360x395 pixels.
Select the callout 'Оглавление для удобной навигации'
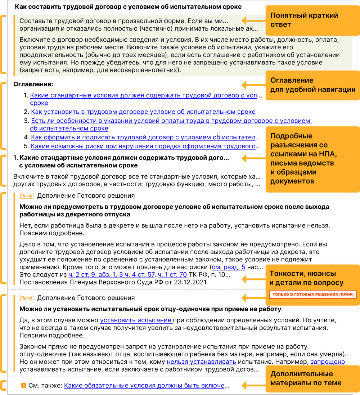pyautogui.click(x=313, y=85)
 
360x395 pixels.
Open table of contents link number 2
pyautogui.click(x=143, y=112)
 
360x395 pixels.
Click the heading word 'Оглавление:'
pyautogui.click(x=33, y=84)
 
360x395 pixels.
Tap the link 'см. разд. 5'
pyautogui.click(x=229, y=267)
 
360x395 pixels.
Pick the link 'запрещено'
pyautogui.click(x=328, y=362)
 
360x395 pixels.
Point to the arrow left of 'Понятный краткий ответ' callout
pyautogui.click(x=248, y=20)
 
